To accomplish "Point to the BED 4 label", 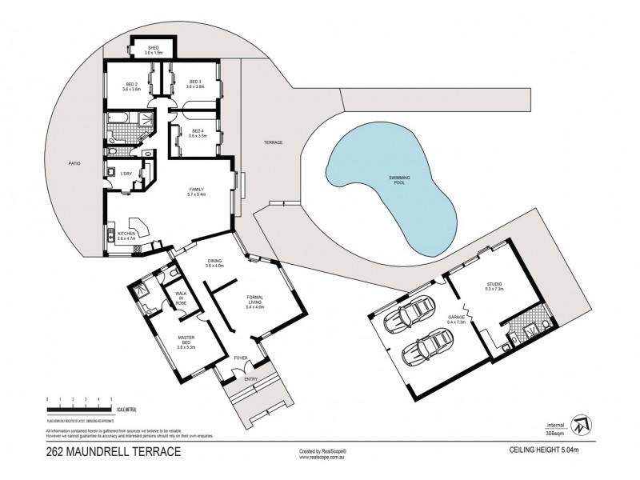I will click(196, 133).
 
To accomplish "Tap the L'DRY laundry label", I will click(126, 174).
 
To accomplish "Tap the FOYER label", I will click(240, 360).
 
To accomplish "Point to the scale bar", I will click(80, 408).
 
